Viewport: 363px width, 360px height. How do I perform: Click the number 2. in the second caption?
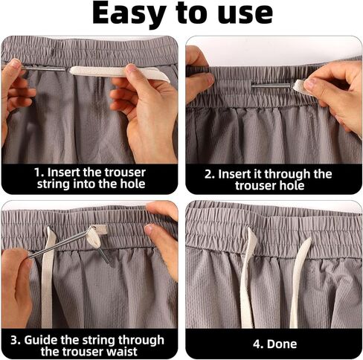[x=211, y=173]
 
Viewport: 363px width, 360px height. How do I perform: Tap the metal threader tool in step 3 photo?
[x=67, y=245]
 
